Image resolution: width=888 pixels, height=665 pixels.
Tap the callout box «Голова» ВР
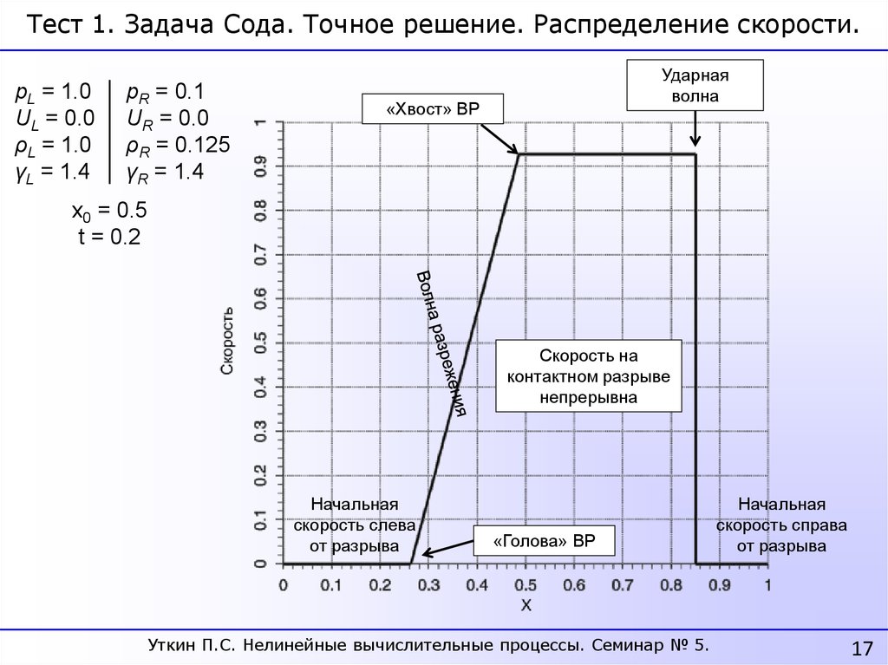pos(544,541)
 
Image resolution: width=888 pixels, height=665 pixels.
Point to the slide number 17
pos(862,648)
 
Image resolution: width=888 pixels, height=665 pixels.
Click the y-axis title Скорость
pos(227,340)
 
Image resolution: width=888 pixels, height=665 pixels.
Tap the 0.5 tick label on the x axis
pos(526,585)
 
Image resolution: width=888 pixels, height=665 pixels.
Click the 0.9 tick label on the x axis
pos(719,585)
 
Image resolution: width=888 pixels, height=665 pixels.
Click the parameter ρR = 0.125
pos(178,145)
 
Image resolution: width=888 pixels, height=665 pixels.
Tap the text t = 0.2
pos(108,238)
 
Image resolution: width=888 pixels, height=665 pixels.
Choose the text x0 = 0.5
pos(108,212)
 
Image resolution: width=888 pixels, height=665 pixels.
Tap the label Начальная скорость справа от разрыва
pos(780,525)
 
